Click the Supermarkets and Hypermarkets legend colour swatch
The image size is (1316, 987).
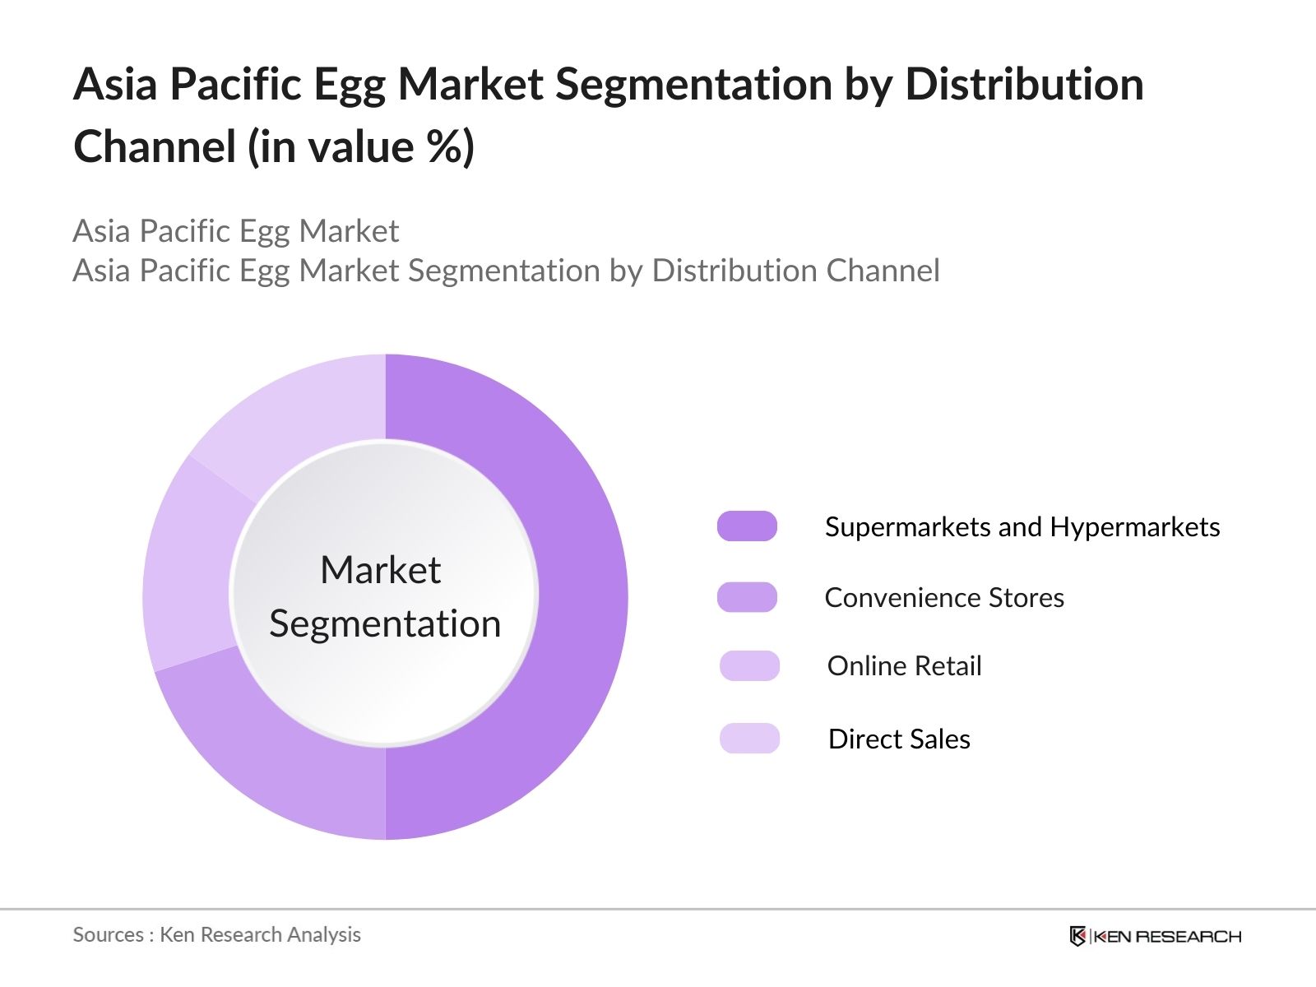(747, 526)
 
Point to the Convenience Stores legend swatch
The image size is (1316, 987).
(747, 597)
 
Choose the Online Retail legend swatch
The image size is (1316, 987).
(749, 665)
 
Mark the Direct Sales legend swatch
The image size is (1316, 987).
(749, 739)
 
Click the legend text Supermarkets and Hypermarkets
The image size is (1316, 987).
(1022, 527)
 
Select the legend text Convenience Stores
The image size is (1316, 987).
(944, 598)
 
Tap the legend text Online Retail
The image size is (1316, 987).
(904, 666)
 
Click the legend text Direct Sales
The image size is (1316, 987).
(899, 739)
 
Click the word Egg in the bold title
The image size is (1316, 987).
(345, 86)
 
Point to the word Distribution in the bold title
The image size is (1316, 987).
(1024, 84)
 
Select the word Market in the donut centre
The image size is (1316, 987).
(380, 570)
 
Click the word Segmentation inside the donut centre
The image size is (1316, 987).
(385, 624)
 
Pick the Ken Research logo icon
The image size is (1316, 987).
(1077, 936)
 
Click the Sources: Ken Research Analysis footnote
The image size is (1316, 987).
(217, 935)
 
